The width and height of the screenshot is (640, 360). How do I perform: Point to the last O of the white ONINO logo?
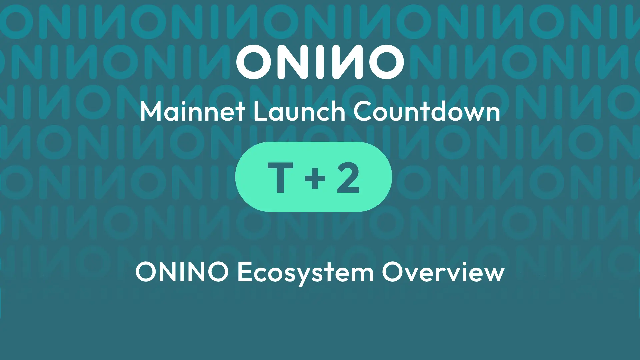pyautogui.click(x=386, y=62)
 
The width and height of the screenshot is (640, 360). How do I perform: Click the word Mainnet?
pyautogui.click(x=192, y=112)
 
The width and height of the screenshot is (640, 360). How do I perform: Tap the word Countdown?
pyautogui.click(x=427, y=112)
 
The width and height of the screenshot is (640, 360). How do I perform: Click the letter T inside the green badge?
pyautogui.click(x=280, y=178)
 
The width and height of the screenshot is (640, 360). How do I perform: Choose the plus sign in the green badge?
pyautogui.click(x=315, y=178)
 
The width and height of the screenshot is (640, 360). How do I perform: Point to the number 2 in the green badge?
pyautogui.click(x=348, y=178)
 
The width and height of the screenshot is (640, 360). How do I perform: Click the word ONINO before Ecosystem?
pyautogui.click(x=182, y=272)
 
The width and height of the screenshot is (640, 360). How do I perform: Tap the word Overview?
pyautogui.click(x=443, y=272)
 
